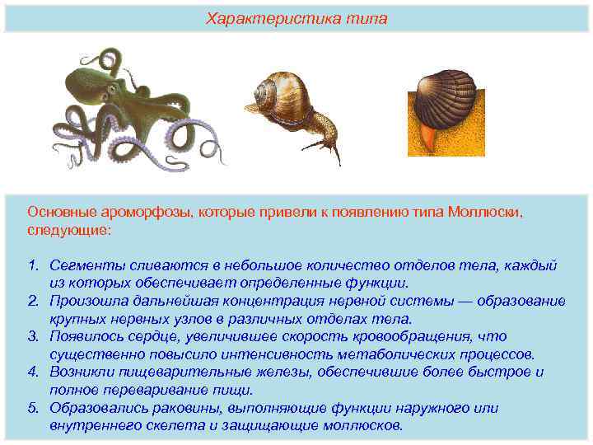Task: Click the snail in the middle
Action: (x=296, y=111)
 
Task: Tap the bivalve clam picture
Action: (x=446, y=111)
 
